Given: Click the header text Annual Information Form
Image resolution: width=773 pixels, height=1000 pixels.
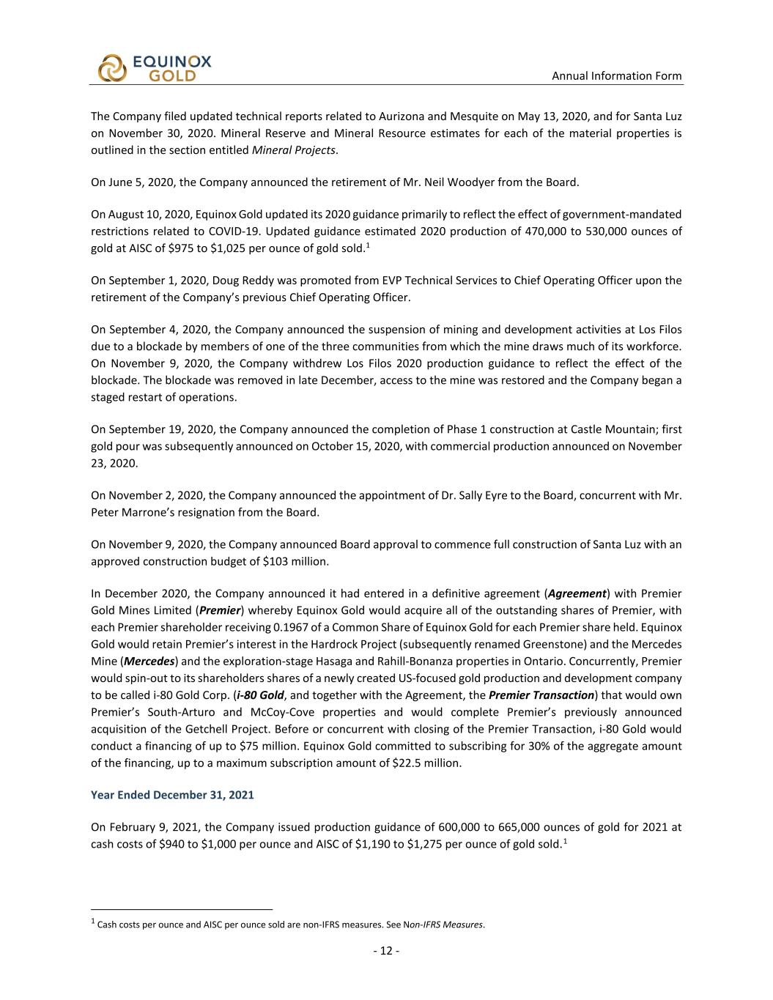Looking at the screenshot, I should click(616, 75).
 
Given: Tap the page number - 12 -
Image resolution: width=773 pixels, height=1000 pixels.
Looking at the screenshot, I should click(386, 951).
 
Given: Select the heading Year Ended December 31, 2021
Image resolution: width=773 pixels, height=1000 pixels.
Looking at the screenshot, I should click(172, 794).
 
